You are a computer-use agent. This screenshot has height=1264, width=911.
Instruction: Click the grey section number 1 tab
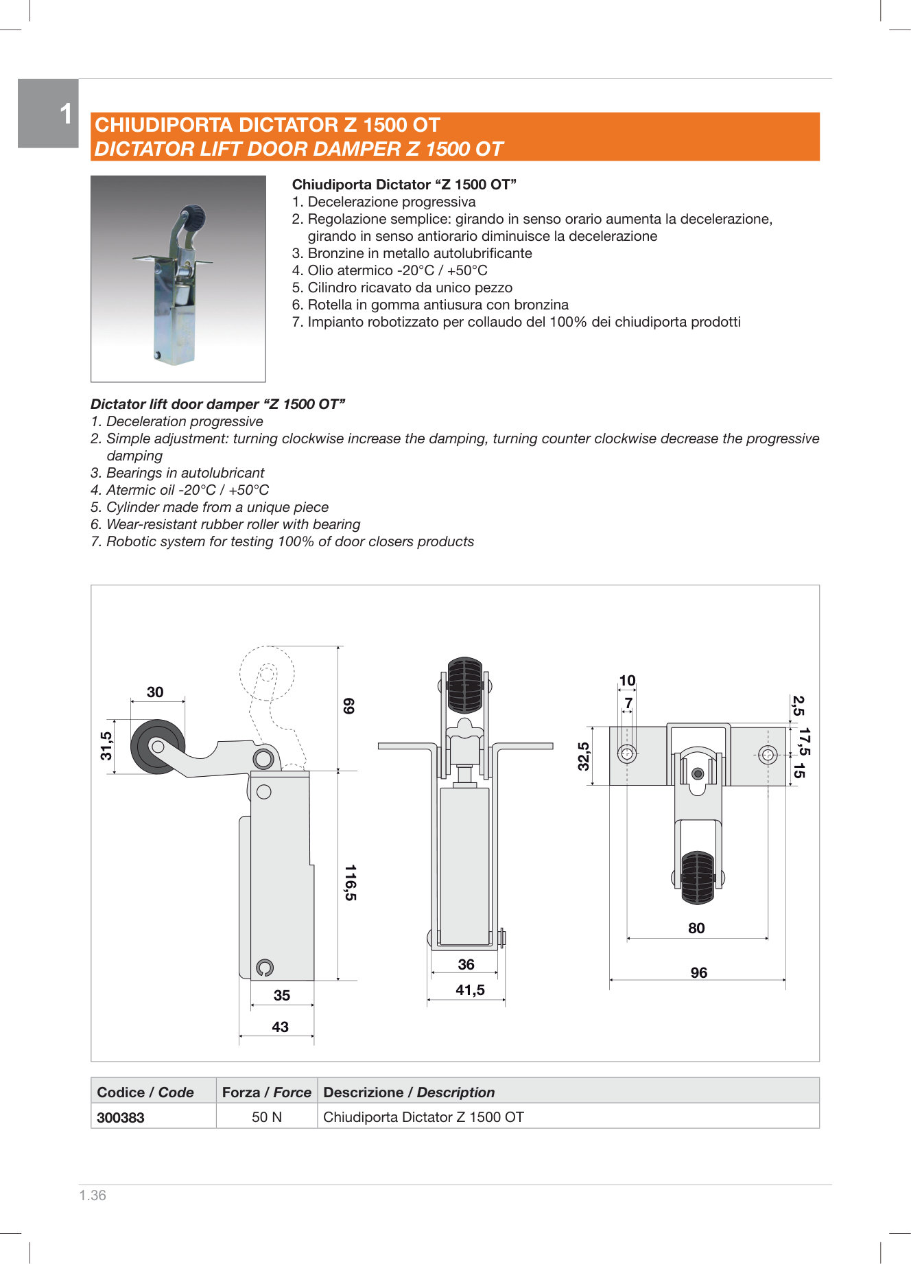(x=48, y=113)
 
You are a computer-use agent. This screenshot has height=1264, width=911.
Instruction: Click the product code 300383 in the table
(x=121, y=1117)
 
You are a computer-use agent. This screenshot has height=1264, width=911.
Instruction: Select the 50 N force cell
(x=267, y=1117)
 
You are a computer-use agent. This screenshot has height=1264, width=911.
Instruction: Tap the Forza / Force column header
(x=266, y=1092)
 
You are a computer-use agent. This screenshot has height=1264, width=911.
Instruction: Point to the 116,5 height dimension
(x=350, y=882)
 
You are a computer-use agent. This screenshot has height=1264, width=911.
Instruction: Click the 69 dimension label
(x=348, y=705)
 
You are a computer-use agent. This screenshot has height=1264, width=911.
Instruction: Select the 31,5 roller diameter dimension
(x=106, y=745)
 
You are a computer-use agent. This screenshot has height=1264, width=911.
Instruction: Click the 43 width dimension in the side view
(x=280, y=1027)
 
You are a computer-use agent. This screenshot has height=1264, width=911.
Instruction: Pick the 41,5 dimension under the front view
(x=470, y=990)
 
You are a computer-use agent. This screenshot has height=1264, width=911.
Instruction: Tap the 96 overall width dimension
(x=698, y=972)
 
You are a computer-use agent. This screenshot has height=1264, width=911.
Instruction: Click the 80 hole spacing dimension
(x=696, y=928)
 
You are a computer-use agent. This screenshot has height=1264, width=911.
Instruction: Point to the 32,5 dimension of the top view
(x=583, y=756)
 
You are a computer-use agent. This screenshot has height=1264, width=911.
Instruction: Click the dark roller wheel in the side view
(x=158, y=747)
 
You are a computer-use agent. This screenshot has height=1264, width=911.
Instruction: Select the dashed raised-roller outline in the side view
(x=268, y=672)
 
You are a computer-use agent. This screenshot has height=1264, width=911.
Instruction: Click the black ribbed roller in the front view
(x=465, y=684)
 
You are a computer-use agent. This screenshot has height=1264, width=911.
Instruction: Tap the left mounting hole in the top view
(x=627, y=753)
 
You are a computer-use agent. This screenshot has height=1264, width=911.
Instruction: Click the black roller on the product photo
(x=193, y=218)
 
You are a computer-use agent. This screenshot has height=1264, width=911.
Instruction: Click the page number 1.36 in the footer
(x=93, y=1195)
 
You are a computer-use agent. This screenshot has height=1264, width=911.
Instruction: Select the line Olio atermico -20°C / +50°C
(x=390, y=270)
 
